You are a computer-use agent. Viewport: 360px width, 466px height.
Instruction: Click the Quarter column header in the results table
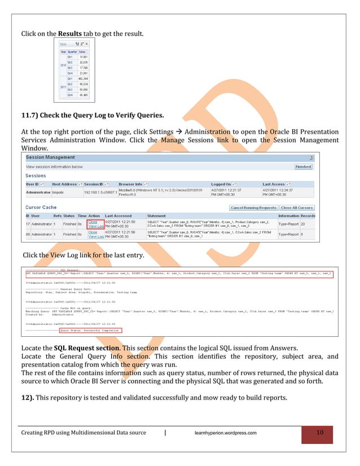pyautogui.click(x=71, y=51)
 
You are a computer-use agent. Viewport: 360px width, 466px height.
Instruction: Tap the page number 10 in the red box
pyautogui.click(x=319, y=433)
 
